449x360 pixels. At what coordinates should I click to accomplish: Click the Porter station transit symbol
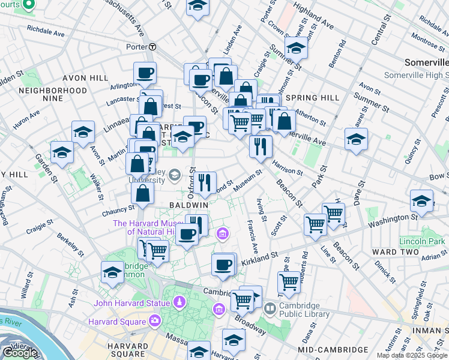tap(153, 46)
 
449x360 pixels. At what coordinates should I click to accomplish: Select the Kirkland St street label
tap(259, 259)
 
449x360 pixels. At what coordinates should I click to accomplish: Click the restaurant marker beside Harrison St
tap(261, 147)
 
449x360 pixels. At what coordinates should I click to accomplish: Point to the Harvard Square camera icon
tap(155, 320)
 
